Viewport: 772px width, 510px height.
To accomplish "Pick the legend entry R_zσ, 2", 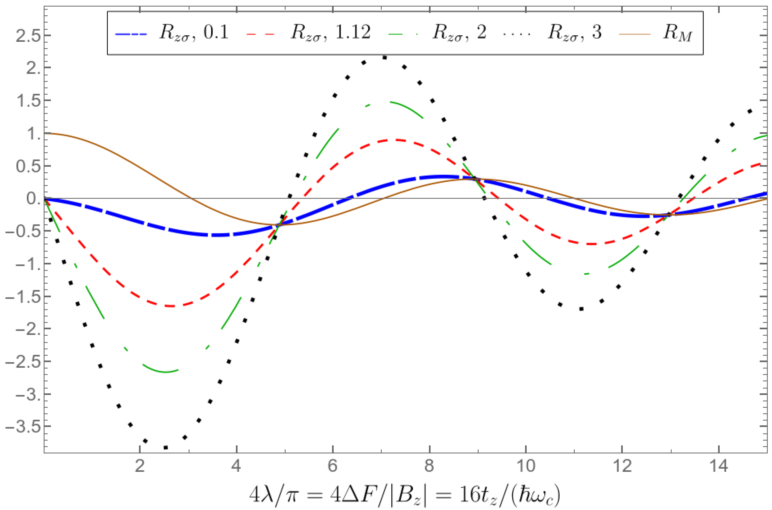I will [459, 34].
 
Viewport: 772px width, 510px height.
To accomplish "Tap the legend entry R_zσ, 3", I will [574, 34].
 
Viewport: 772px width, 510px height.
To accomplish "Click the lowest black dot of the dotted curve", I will [166, 448].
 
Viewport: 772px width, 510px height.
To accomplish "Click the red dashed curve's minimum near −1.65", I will [171, 306].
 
